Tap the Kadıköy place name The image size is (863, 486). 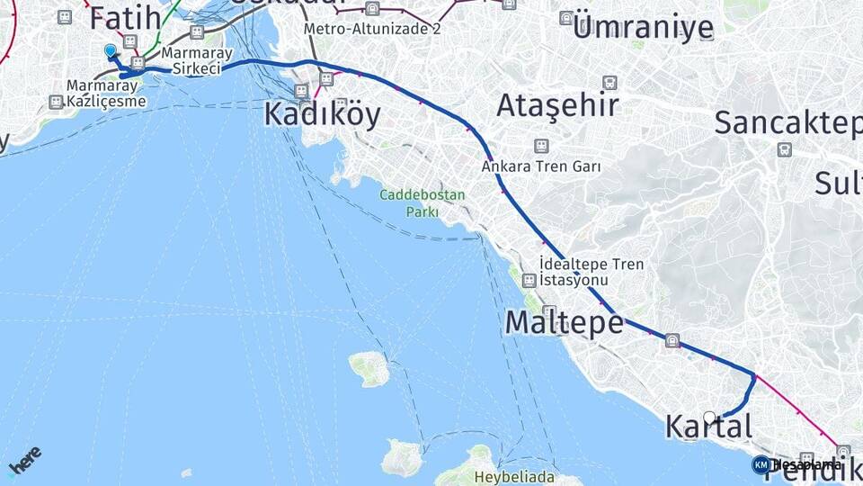pyautogui.click(x=322, y=114)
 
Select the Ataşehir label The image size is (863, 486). pyautogui.click(x=557, y=105)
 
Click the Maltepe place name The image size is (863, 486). pyautogui.click(x=564, y=321)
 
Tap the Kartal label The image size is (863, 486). pyautogui.click(x=708, y=427)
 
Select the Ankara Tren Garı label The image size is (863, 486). pyautogui.click(x=541, y=166)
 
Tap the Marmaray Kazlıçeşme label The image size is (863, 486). pyautogui.click(x=103, y=94)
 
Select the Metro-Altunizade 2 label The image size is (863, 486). pyautogui.click(x=372, y=28)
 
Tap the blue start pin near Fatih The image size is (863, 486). pyautogui.click(x=110, y=51)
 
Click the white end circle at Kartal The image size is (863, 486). pyautogui.click(x=709, y=418)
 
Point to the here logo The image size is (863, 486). pyautogui.click(x=24, y=459)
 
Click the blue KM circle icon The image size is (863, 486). pyautogui.click(x=761, y=464)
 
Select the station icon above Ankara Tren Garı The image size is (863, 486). pyautogui.click(x=541, y=146)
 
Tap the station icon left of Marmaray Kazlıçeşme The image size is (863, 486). pyautogui.click(x=57, y=103)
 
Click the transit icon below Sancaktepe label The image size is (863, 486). pyautogui.click(x=784, y=149)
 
